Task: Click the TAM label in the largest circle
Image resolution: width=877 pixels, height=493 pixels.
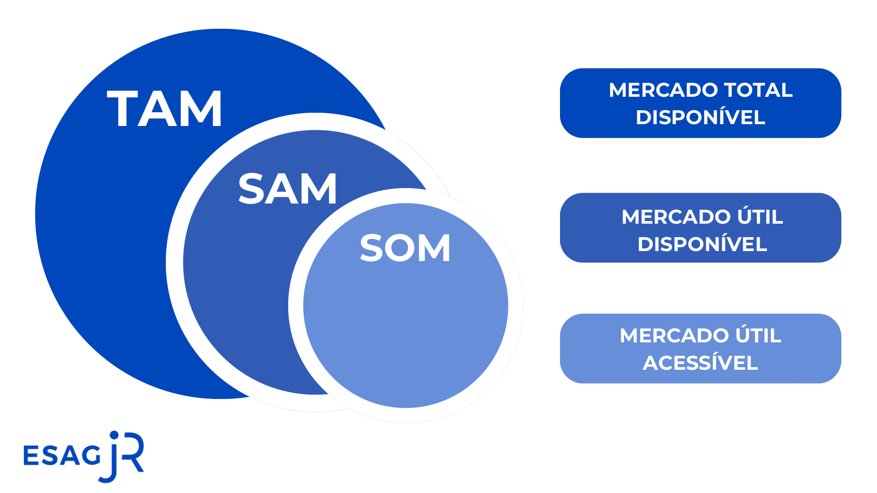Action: [x=164, y=109]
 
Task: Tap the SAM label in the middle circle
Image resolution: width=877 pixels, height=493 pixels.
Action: [x=287, y=189]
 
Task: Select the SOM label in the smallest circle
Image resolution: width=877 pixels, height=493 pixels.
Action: [x=405, y=248]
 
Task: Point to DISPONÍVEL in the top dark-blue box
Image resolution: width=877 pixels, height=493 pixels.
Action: [x=700, y=117]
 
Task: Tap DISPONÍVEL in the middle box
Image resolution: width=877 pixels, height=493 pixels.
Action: [x=702, y=244]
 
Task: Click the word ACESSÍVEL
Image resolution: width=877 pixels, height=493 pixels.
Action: [x=700, y=363]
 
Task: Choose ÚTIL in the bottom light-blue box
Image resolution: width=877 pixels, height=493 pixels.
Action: [x=758, y=336]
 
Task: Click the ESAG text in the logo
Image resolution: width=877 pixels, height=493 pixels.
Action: [x=62, y=456]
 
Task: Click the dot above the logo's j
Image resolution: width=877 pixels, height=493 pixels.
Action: [x=114, y=435]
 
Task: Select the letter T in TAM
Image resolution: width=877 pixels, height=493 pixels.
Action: [x=122, y=109]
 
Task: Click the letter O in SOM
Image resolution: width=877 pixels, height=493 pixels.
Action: [x=405, y=248]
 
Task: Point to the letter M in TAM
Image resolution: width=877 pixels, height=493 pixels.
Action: [x=201, y=109]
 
